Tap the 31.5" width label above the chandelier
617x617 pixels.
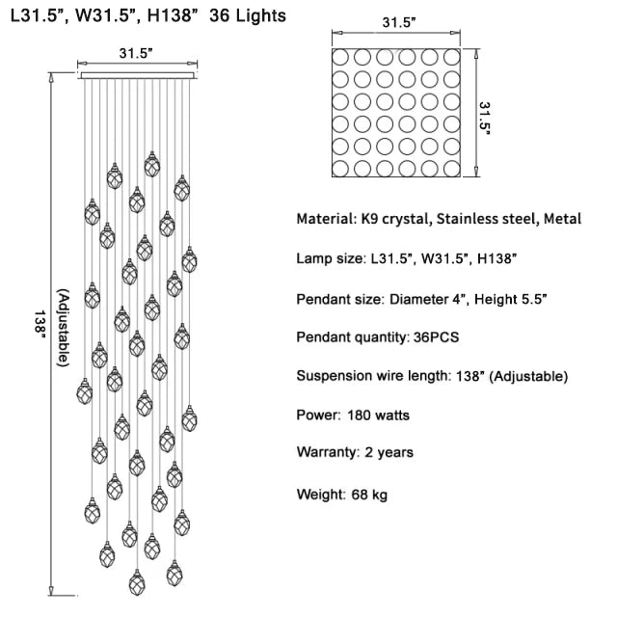[x=136, y=54]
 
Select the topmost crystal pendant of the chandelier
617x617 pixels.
[x=151, y=166]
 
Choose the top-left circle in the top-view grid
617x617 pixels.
[x=341, y=56]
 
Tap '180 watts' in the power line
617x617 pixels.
[x=375, y=416]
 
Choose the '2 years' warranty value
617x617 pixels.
[x=389, y=452]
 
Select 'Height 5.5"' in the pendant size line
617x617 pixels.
[x=511, y=299]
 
